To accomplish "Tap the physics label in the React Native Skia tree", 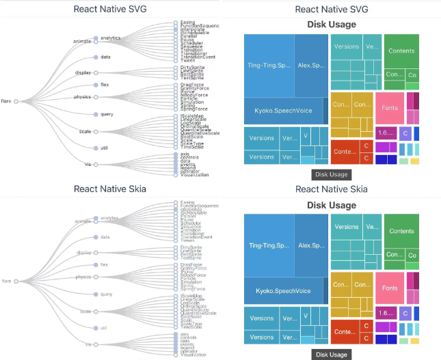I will tap(83, 277).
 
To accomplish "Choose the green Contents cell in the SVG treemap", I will tap(401, 51).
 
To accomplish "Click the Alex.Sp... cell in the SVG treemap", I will tap(312, 66).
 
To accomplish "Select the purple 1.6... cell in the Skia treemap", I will tap(386, 313).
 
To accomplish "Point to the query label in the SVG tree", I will tap(107, 114).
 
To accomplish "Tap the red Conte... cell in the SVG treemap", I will tap(345, 152).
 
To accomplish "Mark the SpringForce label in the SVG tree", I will tap(193, 109).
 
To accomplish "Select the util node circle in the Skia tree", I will tap(96, 328).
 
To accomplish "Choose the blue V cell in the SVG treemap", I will tap(306, 135).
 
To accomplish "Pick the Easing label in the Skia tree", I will tap(187, 202).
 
